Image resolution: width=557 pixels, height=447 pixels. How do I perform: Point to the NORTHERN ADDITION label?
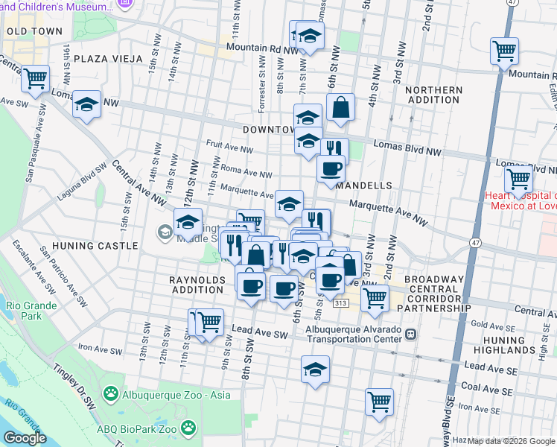435,95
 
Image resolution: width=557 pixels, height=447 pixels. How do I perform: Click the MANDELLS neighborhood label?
363,185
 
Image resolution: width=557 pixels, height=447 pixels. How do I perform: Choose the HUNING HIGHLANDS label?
518,346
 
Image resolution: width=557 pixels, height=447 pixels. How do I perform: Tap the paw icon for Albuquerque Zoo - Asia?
111,392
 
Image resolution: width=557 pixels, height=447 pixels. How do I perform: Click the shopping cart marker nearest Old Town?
35,78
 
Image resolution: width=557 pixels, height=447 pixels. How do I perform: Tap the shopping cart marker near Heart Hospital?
518,180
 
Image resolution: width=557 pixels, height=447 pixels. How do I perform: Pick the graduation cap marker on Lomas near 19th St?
87,104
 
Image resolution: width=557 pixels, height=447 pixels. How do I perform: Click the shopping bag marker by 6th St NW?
340,107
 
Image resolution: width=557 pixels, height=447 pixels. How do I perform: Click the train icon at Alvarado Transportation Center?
411,335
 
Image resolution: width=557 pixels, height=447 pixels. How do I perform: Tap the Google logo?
25,438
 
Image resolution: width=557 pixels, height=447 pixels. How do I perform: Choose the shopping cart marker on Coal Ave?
379,402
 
